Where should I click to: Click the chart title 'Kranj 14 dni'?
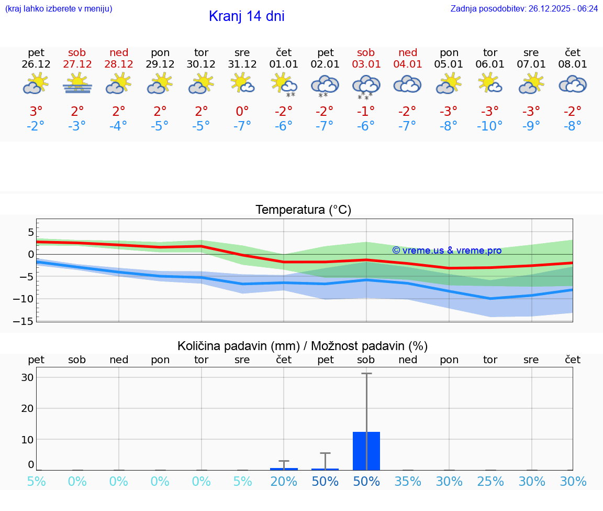247,16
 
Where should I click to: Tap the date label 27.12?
77,64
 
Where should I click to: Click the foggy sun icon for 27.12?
77,84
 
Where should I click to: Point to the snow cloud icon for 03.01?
366,86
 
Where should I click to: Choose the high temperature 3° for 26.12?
36,112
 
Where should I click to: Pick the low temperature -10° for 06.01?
489,126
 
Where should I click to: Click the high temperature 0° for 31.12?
242,112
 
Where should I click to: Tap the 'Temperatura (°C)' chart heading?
303,210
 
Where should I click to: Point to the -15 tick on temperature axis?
27,321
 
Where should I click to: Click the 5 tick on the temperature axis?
31,232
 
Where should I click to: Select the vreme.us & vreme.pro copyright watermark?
446,251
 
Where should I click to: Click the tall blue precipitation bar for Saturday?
366,451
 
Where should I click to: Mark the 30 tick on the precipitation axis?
28,377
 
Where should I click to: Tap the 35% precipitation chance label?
408,482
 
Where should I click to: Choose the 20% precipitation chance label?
284,482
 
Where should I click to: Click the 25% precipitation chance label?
490,482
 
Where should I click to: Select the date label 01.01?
283,64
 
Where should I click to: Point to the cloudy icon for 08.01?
573,84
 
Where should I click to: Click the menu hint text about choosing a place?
59,8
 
